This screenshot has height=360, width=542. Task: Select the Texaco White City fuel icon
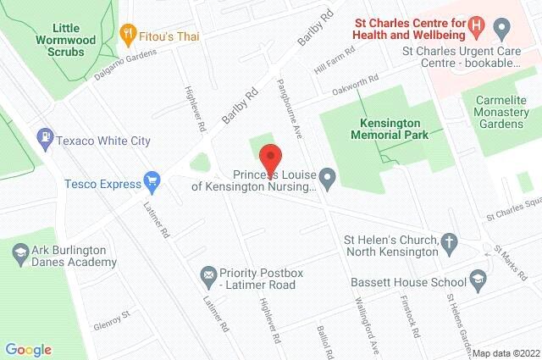(x=43, y=136)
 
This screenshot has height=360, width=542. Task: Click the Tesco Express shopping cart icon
(x=152, y=180)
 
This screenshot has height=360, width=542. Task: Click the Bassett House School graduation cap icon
(x=480, y=281)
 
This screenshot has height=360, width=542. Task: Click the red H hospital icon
(x=480, y=26)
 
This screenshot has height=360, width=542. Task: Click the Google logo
(x=28, y=349)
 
